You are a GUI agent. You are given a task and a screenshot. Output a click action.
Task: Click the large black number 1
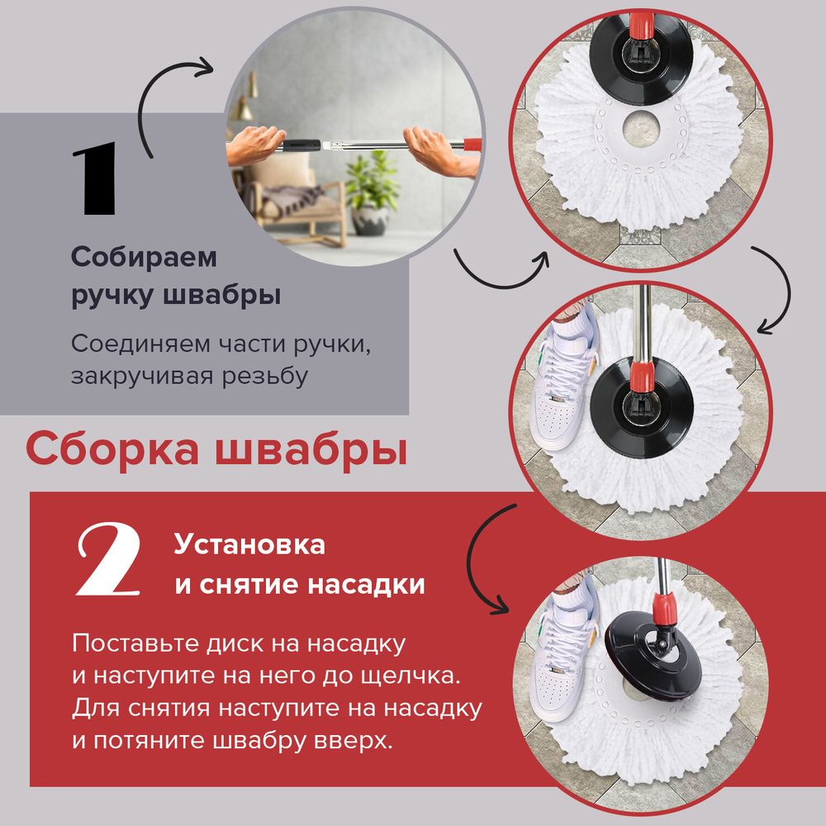(x=96, y=181)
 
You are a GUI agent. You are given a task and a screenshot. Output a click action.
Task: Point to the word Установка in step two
(x=249, y=545)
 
